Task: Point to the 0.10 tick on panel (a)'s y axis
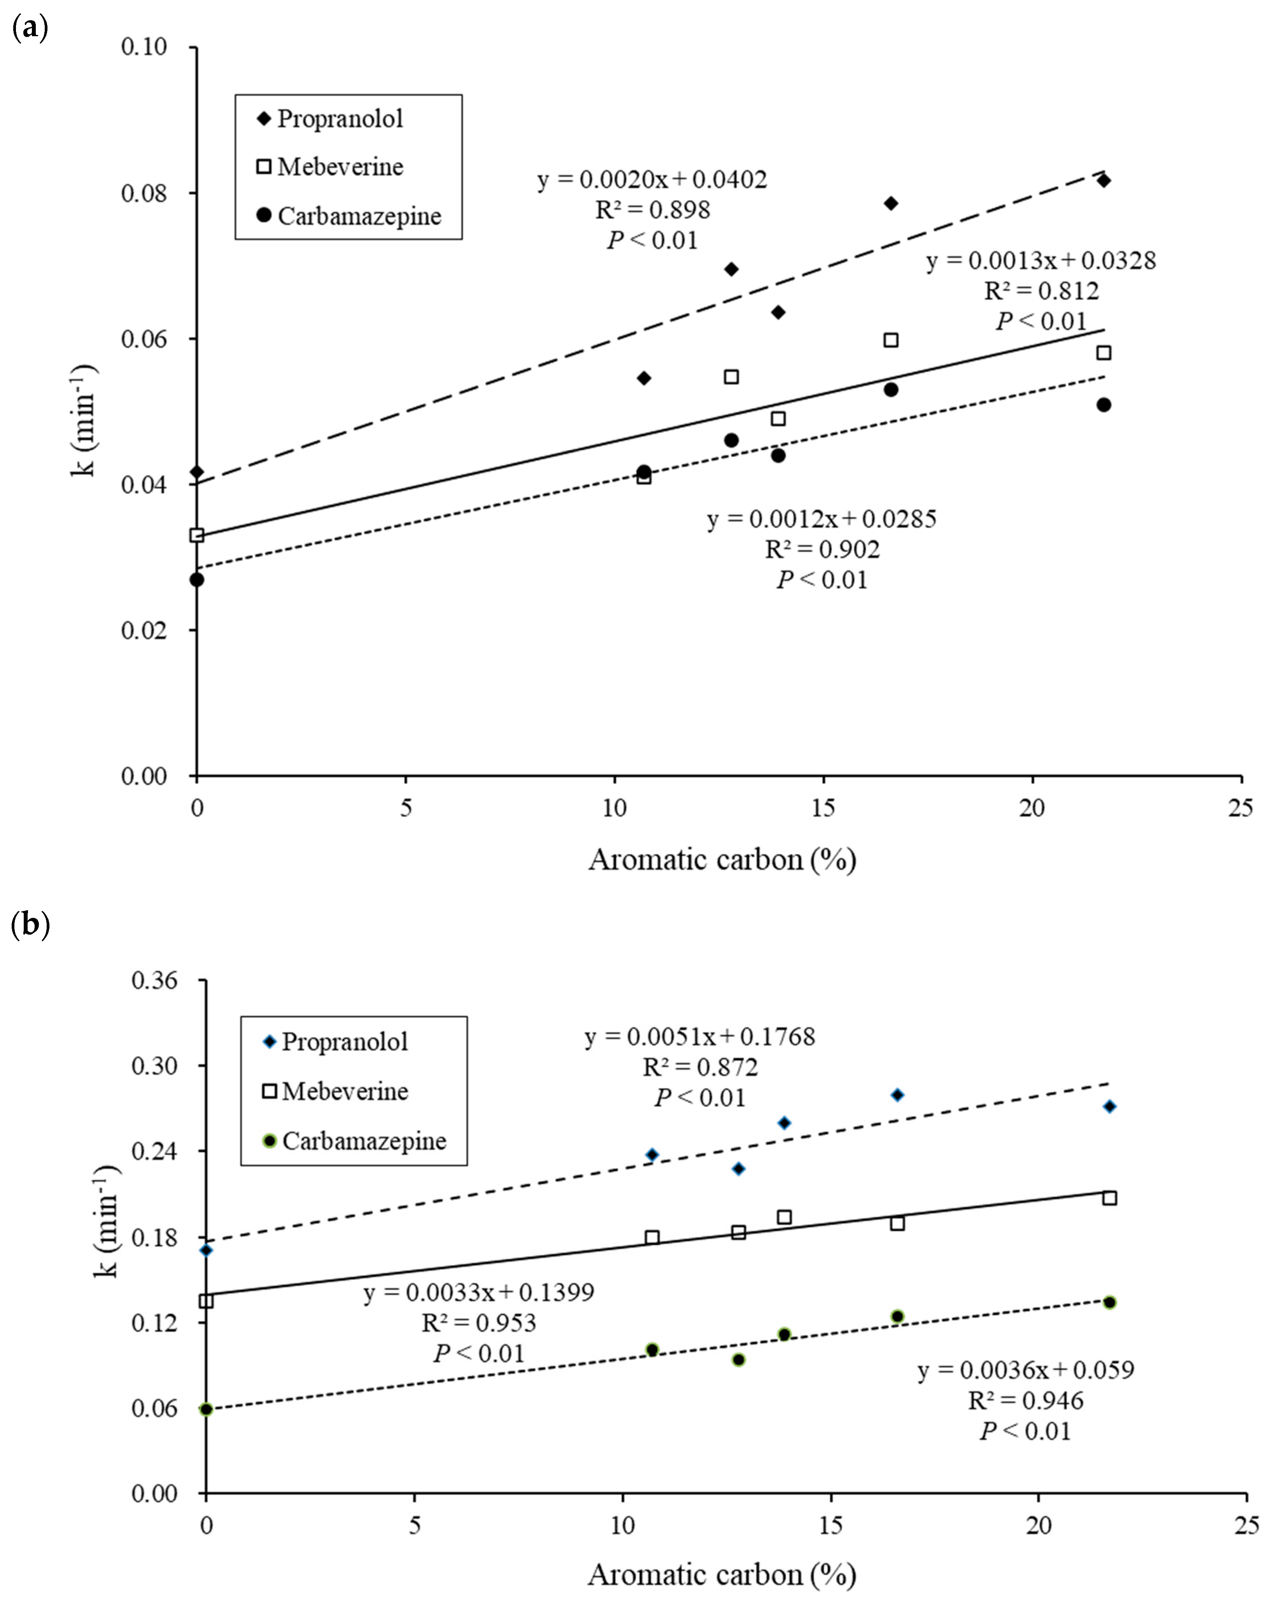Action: coord(145,47)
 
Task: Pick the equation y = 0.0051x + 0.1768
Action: coord(699,1037)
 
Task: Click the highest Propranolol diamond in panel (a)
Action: coord(1103,180)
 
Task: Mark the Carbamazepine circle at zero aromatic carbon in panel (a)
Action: coord(196,579)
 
